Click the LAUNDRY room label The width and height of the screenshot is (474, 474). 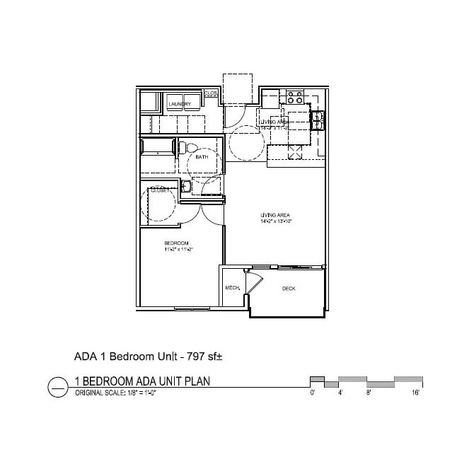click(180, 104)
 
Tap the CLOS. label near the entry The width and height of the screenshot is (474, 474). click(211, 93)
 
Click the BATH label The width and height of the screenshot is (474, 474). click(202, 157)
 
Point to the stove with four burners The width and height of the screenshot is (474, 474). click(296, 97)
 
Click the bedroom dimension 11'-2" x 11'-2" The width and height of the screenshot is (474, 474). click(178, 250)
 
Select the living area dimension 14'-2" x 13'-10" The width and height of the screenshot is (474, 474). click(275, 221)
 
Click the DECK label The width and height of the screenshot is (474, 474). click(289, 289)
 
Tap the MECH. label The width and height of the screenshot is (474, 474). click(232, 289)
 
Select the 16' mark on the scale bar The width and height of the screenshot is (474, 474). click(417, 391)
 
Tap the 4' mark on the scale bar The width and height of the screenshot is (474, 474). click(340, 391)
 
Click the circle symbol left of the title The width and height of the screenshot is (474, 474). click(56, 387)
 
